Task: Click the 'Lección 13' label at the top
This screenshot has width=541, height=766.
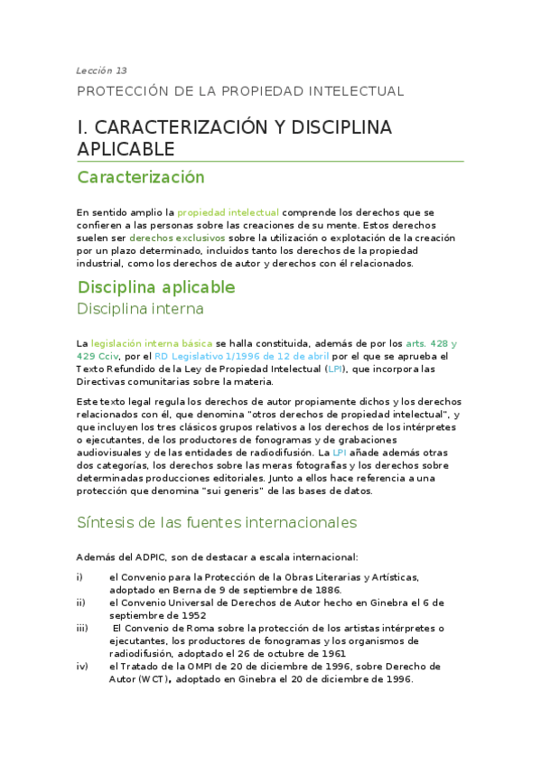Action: click(x=101, y=70)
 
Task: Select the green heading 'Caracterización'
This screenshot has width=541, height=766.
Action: click(x=141, y=177)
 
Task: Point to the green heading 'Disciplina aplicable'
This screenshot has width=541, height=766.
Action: click(x=156, y=287)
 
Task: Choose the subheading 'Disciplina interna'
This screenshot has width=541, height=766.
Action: click(x=141, y=309)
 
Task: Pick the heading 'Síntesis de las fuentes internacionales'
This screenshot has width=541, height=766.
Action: click(x=217, y=522)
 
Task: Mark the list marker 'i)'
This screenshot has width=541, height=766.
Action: click(x=80, y=576)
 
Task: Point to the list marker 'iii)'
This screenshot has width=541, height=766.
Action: click(x=82, y=628)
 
